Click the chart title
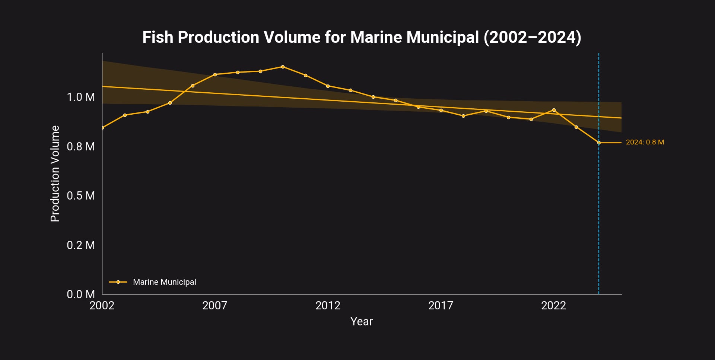[x=362, y=37]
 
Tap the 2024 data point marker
[x=599, y=143]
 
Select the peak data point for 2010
[x=283, y=67]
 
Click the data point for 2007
[x=215, y=74]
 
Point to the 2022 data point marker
[x=554, y=110]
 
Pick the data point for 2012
[x=328, y=86]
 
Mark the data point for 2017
[x=441, y=110]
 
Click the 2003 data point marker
[x=125, y=115]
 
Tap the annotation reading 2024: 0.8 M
[x=645, y=142]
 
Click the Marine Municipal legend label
[x=164, y=282]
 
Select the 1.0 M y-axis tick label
[x=81, y=97]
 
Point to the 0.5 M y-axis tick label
[x=81, y=196]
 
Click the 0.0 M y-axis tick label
[x=81, y=294]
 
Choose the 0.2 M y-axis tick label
[x=81, y=245]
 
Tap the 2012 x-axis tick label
[x=328, y=306]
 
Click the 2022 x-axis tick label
[x=553, y=306]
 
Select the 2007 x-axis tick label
[x=214, y=306]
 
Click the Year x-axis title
[x=361, y=321]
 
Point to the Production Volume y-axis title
[x=55, y=173]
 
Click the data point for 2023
[x=576, y=127]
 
